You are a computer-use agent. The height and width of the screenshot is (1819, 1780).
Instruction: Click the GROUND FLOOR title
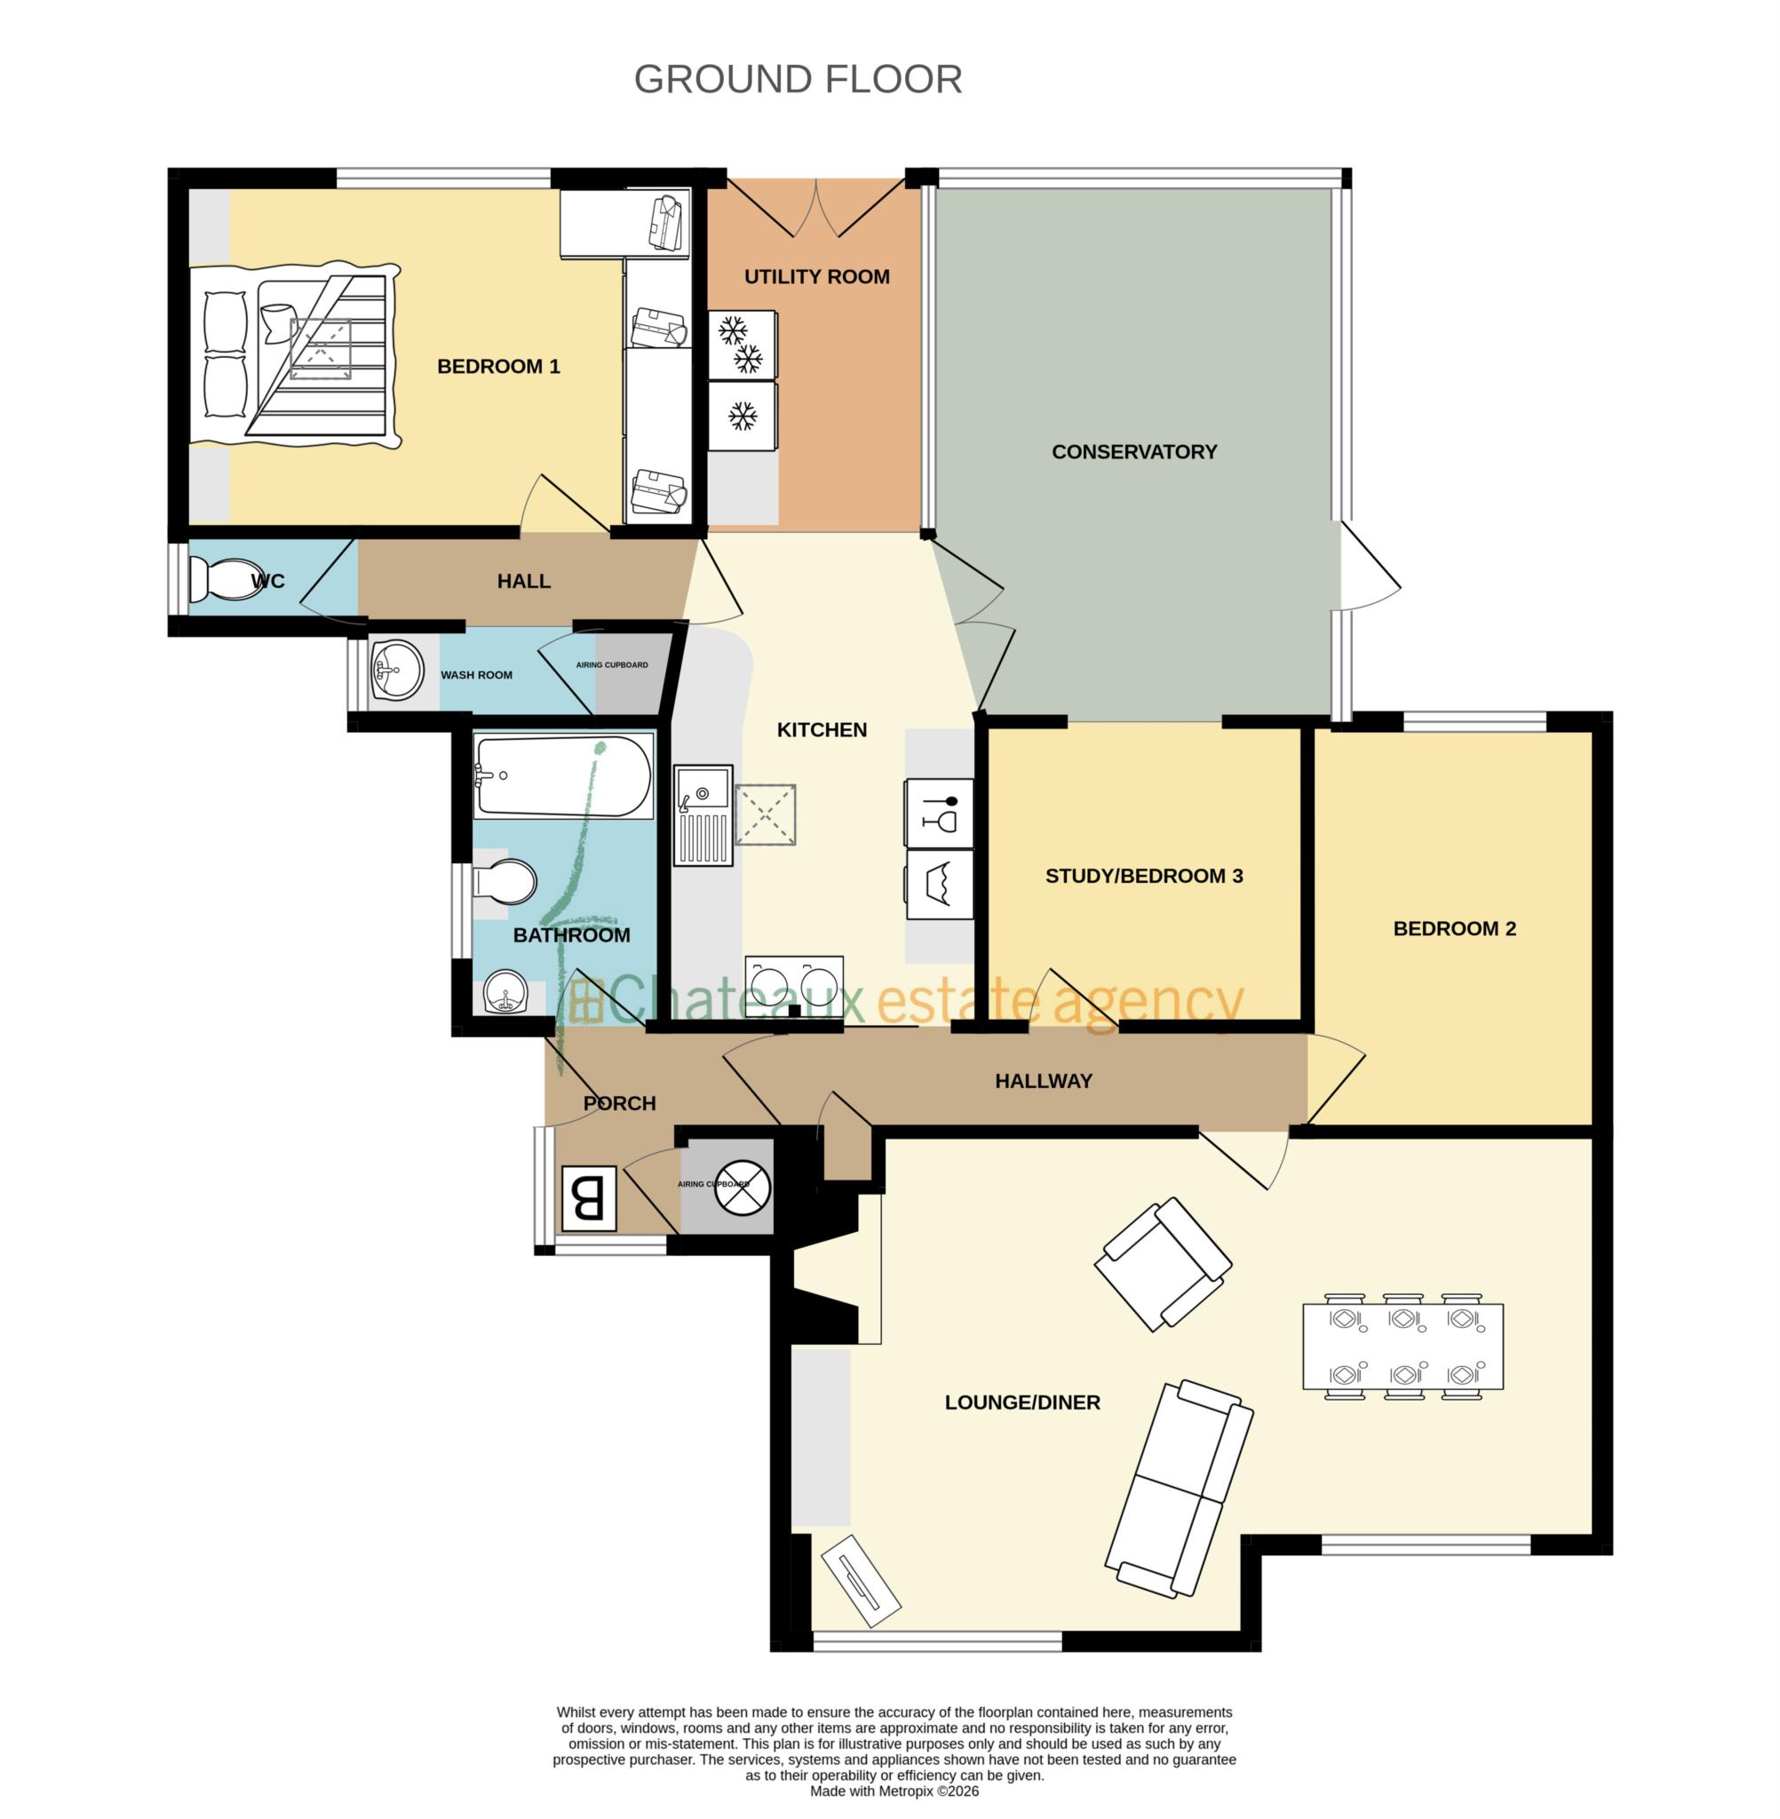(x=798, y=79)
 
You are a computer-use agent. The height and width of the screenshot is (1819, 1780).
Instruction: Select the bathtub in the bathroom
(x=563, y=776)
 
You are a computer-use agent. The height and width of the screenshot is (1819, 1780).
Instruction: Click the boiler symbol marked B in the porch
(x=589, y=1197)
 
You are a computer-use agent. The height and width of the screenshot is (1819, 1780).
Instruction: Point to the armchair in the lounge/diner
(x=1163, y=1264)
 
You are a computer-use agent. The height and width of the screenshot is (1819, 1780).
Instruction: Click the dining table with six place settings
(x=1403, y=1346)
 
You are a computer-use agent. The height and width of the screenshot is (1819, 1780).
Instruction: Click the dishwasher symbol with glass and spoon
(x=939, y=813)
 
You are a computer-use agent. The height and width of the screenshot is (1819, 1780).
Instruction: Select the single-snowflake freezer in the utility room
(x=743, y=416)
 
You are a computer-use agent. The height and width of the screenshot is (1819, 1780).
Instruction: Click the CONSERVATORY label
(x=1134, y=451)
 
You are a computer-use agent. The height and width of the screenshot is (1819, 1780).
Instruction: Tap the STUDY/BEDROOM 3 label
(x=1143, y=876)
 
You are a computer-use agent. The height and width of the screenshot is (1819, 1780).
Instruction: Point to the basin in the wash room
(x=396, y=670)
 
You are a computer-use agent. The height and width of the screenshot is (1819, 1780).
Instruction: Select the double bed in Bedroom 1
(x=296, y=355)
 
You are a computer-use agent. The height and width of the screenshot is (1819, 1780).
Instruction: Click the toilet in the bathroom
(x=506, y=880)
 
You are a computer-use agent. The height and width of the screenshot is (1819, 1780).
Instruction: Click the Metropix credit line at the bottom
(x=894, y=1791)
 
